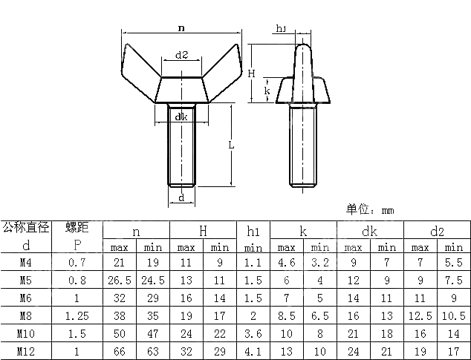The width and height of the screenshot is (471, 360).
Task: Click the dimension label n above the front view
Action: click(x=182, y=27)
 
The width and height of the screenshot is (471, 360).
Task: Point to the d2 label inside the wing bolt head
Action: click(x=181, y=55)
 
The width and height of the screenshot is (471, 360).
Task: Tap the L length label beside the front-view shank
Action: click(x=231, y=145)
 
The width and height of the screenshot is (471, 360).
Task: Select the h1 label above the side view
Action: click(x=282, y=29)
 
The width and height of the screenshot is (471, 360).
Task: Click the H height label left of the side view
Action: click(x=252, y=73)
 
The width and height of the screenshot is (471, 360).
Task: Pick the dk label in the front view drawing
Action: click(x=181, y=117)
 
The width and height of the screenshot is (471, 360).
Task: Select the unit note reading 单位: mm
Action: click(x=369, y=210)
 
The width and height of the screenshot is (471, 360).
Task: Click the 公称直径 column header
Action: click(x=25, y=228)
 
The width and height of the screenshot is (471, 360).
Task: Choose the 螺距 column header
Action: click(x=77, y=228)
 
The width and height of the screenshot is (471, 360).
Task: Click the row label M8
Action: click(x=25, y=315)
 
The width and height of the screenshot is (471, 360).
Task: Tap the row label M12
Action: click(x=25, y=350)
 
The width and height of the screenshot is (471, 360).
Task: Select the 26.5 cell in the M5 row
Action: click(x=120, y=281)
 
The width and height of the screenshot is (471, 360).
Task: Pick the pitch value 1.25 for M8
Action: click(x=77, y=315)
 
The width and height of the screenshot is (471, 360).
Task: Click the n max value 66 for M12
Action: click(x=120, y=350)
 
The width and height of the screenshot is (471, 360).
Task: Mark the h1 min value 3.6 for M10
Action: click(x=253, y=333)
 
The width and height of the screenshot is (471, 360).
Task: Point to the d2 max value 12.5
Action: click(x=420, y=315)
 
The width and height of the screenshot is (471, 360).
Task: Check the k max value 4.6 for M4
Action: click(x=287, y=263)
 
